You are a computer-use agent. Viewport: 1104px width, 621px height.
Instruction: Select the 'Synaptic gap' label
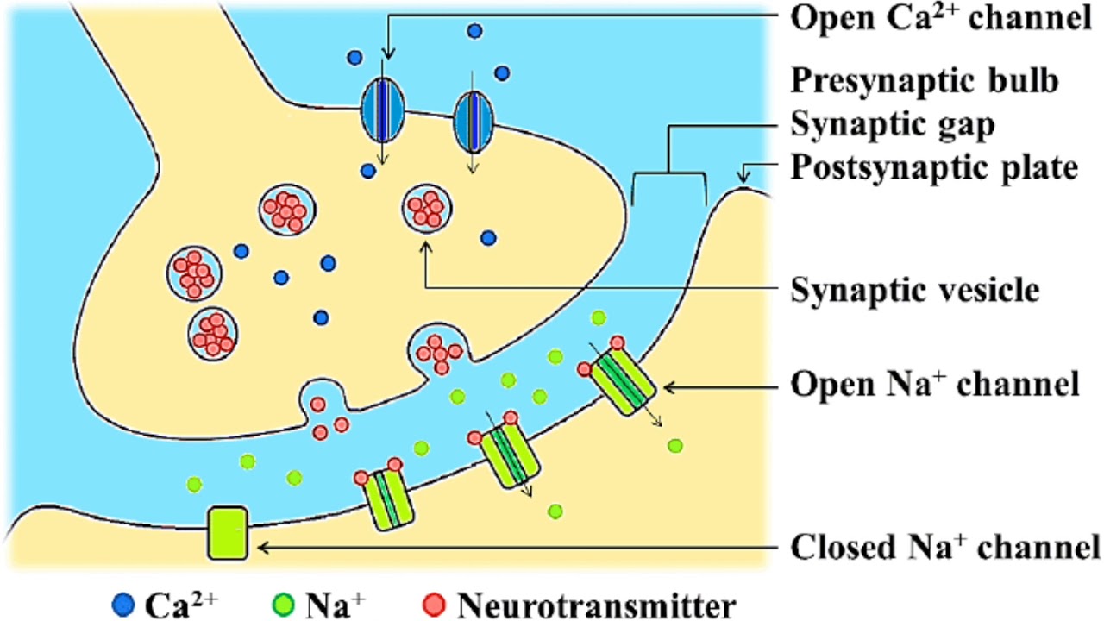click(x=893, y=124)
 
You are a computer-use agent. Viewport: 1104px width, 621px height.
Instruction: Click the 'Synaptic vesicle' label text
click(x=914, y=291)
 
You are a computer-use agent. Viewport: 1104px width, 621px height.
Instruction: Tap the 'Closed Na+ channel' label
click(x=944, y=546)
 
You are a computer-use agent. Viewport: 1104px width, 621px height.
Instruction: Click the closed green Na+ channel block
click(x=228, y=532)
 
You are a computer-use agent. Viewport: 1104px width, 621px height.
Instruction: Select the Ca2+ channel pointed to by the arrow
click(x=382, y=110)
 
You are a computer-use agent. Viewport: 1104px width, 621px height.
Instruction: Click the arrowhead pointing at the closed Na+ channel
click(x=262, y=546)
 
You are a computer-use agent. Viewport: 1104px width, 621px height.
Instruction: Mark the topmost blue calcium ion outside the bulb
click(x=474, y=32)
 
